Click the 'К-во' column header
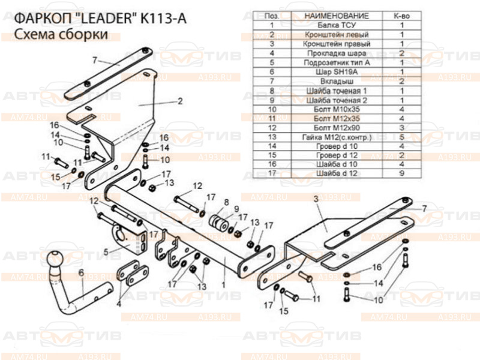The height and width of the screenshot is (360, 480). point(401,16)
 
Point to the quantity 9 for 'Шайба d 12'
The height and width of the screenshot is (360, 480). point(401,173)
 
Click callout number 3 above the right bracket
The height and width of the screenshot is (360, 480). point(314,198)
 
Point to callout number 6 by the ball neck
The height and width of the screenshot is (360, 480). point(80,273)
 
